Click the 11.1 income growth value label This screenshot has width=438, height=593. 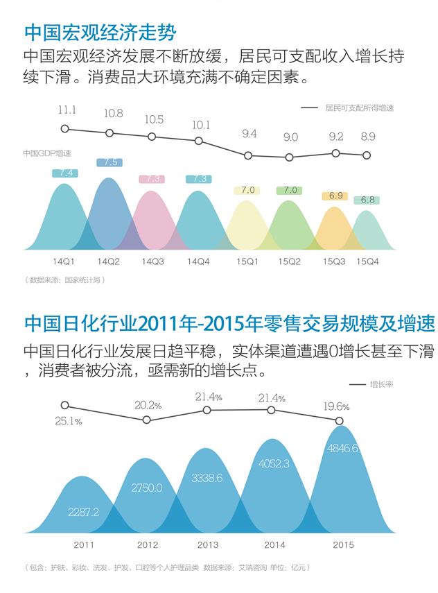[67, 110]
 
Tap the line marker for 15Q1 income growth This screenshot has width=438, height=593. [248, 155]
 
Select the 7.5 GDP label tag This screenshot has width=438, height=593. [109, 162]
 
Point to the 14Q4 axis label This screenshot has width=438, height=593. [198, 261]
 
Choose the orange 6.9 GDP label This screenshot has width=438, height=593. [335, 196]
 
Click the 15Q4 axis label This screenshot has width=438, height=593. [367, 261]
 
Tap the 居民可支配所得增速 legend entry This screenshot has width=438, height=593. [347, 108]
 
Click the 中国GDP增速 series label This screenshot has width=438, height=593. [47, 153]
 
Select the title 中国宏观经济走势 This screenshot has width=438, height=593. [100, 32]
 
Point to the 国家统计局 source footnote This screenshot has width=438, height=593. [64, 280]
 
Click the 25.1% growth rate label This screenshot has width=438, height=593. [69, 421]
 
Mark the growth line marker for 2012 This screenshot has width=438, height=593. [147, 420]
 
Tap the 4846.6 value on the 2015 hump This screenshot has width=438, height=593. [342, 448]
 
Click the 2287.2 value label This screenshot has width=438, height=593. [83, 512]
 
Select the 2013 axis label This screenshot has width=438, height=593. [208, 544]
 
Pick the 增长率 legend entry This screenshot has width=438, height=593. [371, 385]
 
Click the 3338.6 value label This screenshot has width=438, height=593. [207, 478]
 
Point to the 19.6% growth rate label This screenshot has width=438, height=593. [336, 406]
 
